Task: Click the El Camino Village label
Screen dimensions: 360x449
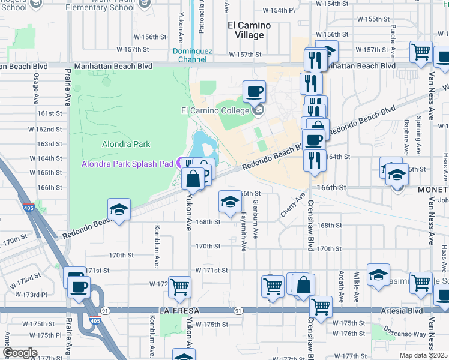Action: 249,30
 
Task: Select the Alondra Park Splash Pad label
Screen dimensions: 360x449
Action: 127,163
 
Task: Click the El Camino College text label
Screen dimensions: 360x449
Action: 215,110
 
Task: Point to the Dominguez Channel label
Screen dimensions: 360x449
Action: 193,55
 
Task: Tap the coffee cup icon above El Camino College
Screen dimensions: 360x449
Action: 254,92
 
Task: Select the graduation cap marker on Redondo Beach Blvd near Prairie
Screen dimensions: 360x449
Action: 119,211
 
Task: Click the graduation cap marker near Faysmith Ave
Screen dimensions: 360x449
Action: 229,202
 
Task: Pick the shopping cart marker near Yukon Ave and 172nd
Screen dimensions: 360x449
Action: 179,287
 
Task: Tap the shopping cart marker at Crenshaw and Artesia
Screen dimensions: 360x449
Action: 321,307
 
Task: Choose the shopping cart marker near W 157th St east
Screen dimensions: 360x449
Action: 421,52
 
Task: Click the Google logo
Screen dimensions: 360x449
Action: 20,353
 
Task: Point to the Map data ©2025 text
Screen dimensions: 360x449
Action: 423,355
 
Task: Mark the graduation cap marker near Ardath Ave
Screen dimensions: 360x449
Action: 378,275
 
